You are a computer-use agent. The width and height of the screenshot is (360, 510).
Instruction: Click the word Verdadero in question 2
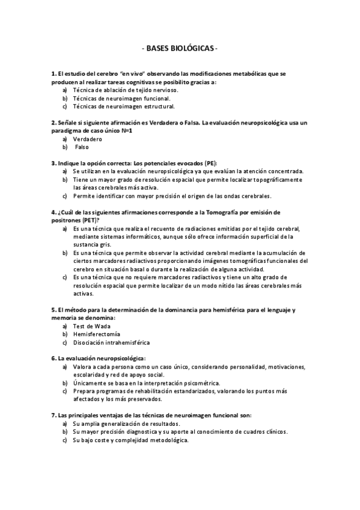pos(87,139)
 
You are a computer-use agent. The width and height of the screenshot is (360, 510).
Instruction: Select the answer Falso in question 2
pos(82,147)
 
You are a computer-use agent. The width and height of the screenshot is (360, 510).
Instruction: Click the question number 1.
pos(53,74)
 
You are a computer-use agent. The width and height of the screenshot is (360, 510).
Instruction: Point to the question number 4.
pos(53,212)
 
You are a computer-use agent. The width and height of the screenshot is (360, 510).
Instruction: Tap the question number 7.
pos(53,415)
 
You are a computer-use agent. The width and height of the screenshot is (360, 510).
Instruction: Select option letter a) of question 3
pos(64,171)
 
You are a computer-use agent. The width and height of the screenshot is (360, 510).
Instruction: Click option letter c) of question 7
pos(64,440)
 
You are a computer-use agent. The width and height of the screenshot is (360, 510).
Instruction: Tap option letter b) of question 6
pos(64,382)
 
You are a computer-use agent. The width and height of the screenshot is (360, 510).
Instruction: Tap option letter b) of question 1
pos(64,98)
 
